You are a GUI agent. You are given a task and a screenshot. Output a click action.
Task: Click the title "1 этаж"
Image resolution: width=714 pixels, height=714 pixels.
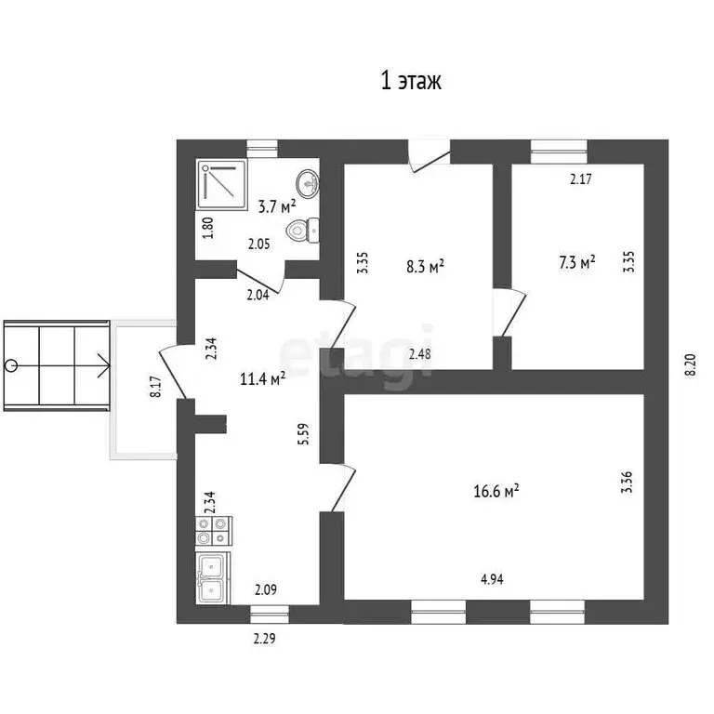click(410, 82)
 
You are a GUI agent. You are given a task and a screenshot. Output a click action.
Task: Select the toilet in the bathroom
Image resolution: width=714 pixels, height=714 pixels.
click(304, 229)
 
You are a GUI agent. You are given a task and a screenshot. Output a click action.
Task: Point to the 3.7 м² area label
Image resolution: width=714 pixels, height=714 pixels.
click(276, 206)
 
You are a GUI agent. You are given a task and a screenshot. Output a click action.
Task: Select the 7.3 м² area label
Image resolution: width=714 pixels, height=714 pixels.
click(576, 263)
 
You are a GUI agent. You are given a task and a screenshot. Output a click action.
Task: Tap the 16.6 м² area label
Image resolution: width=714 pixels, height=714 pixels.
click(497, 492)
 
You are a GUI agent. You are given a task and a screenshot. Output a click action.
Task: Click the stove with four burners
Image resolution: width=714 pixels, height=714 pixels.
click(213, 530)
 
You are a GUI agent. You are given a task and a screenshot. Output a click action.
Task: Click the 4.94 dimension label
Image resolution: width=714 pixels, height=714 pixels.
click(494, 580)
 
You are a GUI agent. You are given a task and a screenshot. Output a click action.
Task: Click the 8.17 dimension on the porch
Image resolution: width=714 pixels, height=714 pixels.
click(156, 386)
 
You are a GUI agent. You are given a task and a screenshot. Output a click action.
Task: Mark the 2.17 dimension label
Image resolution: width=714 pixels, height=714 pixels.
click(581, 179)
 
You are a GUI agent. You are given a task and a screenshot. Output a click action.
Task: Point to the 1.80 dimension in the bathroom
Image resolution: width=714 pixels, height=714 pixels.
click(208, 226)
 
